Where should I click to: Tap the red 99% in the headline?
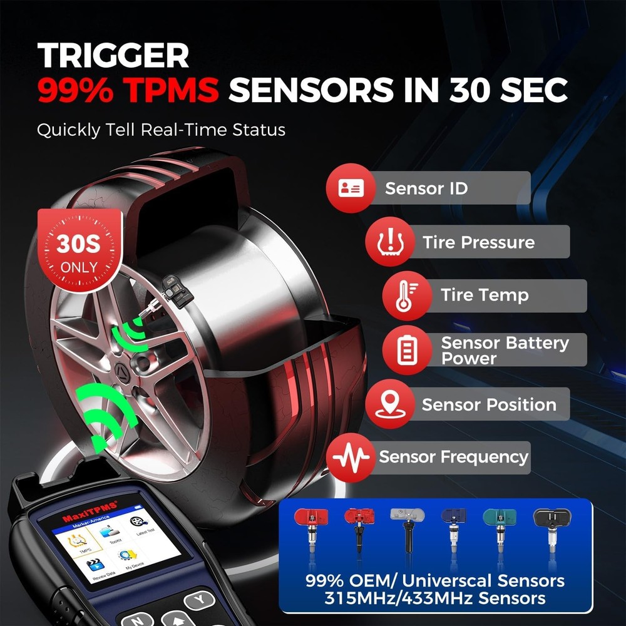[x=76, y=91]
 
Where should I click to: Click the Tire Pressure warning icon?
[x=389, y=242]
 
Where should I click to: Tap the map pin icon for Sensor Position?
[x=389, y=404]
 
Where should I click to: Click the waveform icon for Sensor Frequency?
[x=351, y=458]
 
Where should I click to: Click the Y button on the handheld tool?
[x=200, y=600]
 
